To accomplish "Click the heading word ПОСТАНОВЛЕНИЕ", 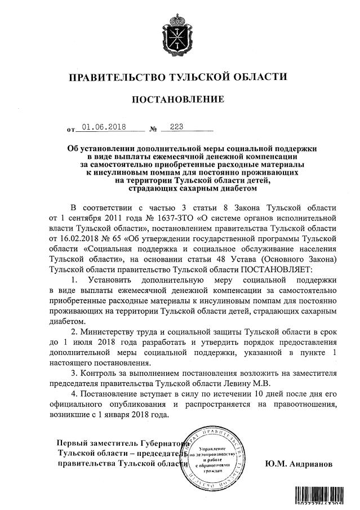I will click(x=178, y=100).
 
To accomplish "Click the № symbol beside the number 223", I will click(x=153, y=130).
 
